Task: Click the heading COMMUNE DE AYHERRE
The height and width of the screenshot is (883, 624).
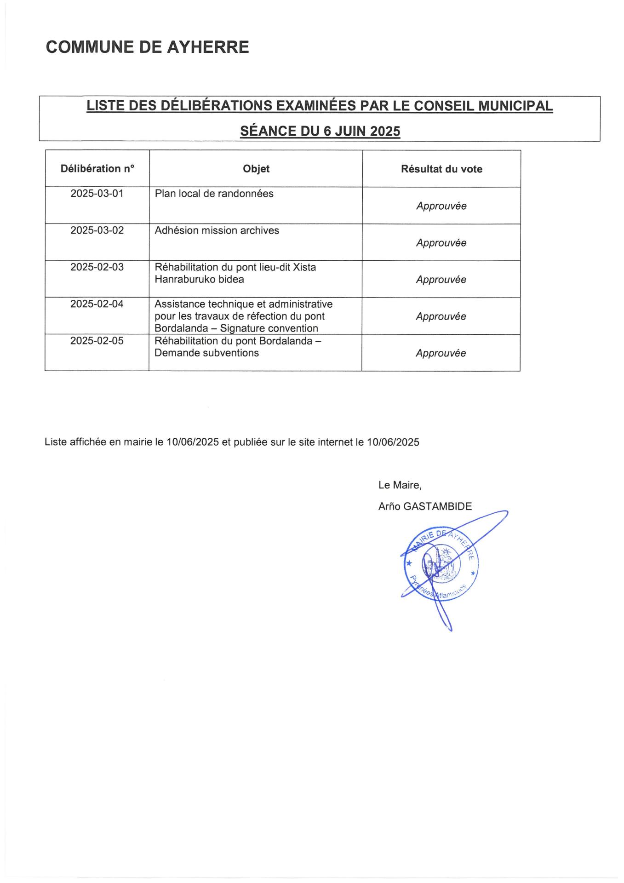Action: coord(147,47)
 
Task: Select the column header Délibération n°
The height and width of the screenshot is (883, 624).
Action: coord(97,169)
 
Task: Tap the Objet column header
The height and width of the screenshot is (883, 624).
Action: coord(256,169)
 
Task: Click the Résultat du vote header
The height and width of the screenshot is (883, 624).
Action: coord(441,169)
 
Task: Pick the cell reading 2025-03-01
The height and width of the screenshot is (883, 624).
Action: coord(97,194)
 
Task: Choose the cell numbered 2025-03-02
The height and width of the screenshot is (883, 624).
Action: coord(97,230)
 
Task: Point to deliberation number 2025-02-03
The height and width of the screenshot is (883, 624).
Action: coord(97,267)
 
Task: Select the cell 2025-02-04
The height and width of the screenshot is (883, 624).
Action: coord(97,304)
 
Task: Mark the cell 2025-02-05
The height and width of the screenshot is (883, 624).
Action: coord(97,341)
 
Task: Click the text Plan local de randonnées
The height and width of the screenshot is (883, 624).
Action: coord(214,194)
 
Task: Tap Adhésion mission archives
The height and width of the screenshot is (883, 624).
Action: coord(217,230)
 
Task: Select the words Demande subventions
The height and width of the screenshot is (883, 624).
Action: coord(206,353)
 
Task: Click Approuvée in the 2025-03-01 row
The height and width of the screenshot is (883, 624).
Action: coord(441,206)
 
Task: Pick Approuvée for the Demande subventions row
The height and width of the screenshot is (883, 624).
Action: coord(441,353)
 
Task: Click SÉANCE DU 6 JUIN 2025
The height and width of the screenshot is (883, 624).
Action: coord(320,132)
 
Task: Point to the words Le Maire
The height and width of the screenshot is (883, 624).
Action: coord(399,485)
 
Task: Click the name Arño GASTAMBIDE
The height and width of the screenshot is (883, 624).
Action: coord(425,506)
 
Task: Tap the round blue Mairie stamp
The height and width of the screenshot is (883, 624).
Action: coord(439,564)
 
